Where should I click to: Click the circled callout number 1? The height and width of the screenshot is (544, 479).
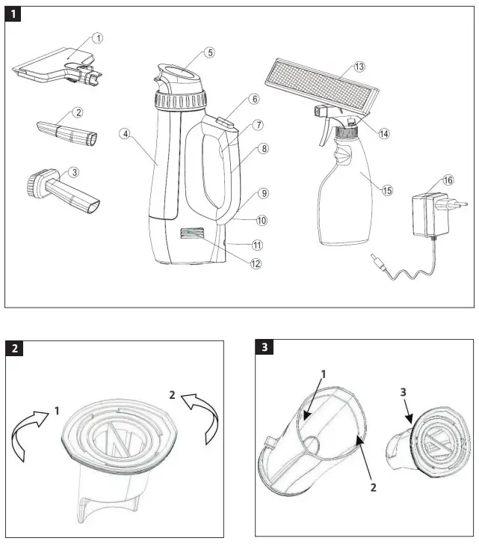coord(99,37)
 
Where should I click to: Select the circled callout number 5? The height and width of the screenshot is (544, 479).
coord(210,52)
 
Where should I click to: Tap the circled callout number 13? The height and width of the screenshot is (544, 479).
coord(359,67)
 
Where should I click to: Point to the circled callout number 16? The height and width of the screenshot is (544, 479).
coord(448,180)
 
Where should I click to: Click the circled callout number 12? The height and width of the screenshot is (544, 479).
coord(256,263)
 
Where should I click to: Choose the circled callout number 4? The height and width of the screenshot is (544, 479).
coord(126,134)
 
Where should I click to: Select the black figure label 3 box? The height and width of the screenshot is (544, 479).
coord(264,348)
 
